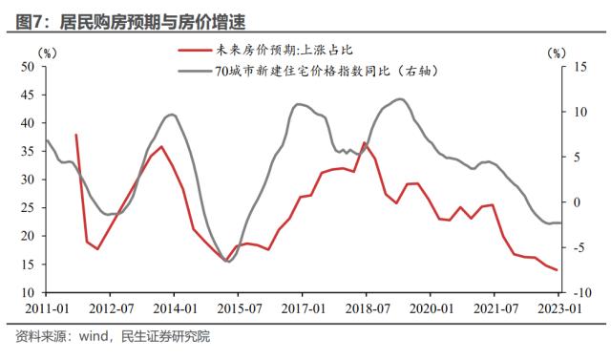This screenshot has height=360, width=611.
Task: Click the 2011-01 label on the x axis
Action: [x=45, y=309]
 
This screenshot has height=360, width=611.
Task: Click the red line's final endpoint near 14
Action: [x=558, y=270]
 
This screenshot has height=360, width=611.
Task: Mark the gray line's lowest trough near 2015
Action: [x=227, y=261]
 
